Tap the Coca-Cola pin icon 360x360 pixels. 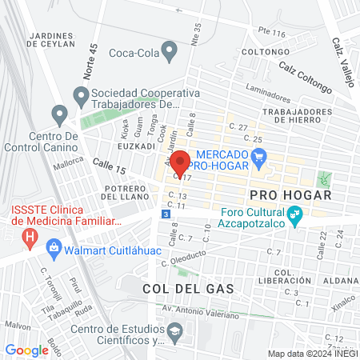(170, 53)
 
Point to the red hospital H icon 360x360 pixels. (30, 237)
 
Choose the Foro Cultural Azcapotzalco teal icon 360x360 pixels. (295, 214)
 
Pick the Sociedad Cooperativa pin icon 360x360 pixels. (81, 98)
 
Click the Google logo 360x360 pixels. (26, 350)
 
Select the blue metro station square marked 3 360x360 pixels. (166, 214)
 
